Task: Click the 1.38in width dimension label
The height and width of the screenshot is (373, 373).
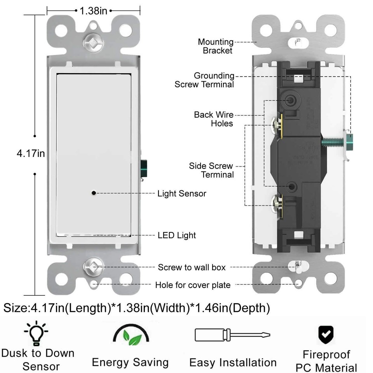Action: (93, 10)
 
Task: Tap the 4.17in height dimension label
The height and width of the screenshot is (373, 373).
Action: (30, 154)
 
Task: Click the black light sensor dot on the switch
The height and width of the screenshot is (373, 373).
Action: (94, 193)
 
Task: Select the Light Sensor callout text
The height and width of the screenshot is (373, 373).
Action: (181, 193)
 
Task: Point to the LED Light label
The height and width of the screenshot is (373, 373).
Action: (176, 235)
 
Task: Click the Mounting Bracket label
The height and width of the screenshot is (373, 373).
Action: (216, 46)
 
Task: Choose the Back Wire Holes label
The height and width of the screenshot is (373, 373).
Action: (214, 119)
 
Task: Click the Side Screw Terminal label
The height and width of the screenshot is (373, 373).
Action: (212, 170)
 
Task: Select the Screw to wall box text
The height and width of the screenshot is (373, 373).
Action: (192, 267)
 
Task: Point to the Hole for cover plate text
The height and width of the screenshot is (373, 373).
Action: (193, 285)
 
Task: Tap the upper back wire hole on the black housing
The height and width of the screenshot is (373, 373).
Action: (290, 100)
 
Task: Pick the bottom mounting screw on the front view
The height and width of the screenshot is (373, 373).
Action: (93, 267)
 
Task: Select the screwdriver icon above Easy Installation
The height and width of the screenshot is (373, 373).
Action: (232, 335)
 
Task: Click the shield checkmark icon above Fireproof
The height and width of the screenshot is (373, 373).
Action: (326, 333)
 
